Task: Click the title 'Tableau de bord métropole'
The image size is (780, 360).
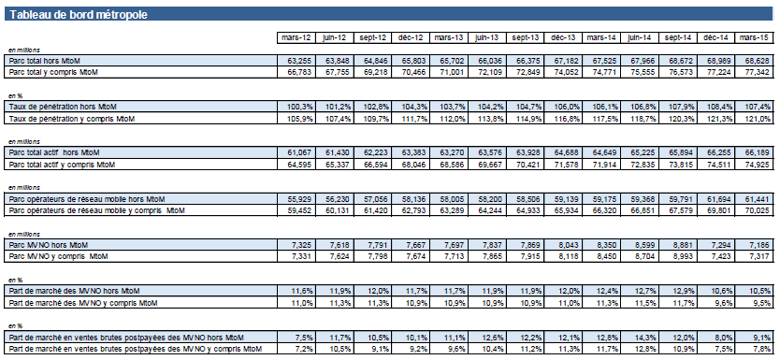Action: coord(79,14)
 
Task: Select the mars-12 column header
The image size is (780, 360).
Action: coord(296,37)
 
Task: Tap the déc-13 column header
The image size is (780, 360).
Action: coord(564,37)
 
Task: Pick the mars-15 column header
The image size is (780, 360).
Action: coord(754,37)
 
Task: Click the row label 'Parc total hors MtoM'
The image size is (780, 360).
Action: coord(45,61)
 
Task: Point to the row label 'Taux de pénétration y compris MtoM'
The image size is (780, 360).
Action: coord(72,119)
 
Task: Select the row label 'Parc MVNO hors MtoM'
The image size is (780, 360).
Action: coord(45,245)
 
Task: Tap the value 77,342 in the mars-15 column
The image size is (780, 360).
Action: coord(758,73)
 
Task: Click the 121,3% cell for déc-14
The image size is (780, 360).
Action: coord(719,119)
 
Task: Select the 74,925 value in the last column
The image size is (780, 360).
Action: coord(758,165)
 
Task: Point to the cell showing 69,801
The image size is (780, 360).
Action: coord(720,210)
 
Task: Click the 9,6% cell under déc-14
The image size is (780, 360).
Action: coord(723,302)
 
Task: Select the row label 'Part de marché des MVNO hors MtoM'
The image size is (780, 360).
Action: coord(75,291)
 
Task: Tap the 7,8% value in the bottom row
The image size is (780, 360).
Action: coord(761,349)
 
